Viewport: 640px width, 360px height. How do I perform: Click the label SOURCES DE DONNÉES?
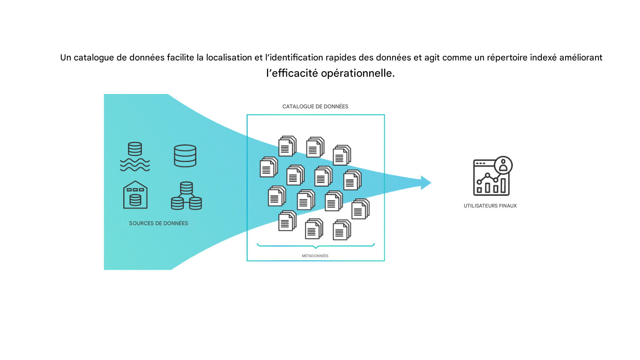pos(158,223)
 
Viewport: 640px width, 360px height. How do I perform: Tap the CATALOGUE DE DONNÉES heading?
pos(315,106)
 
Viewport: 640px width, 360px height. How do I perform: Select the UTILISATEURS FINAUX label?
pos(490,206)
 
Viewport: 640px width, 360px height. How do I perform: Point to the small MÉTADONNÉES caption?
pos(315,256)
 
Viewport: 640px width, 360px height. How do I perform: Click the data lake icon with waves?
pos(135,156)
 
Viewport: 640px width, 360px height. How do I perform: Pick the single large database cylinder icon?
pos(185,156)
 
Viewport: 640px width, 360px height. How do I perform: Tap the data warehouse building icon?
pos(135,195)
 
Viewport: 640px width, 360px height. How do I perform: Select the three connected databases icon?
pos(186,196)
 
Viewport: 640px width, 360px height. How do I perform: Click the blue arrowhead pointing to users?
pos(426,183)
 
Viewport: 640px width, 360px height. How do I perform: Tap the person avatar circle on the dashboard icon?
pos(503,165)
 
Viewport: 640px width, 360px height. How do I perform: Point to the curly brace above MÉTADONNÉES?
pos(316,245)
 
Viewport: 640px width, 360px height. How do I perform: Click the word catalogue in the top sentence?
pos(94,58)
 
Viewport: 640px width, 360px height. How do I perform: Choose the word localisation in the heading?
pos(229,58)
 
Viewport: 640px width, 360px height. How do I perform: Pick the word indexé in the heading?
pos(543,58)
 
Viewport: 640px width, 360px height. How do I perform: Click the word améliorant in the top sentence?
pos(581,58)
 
